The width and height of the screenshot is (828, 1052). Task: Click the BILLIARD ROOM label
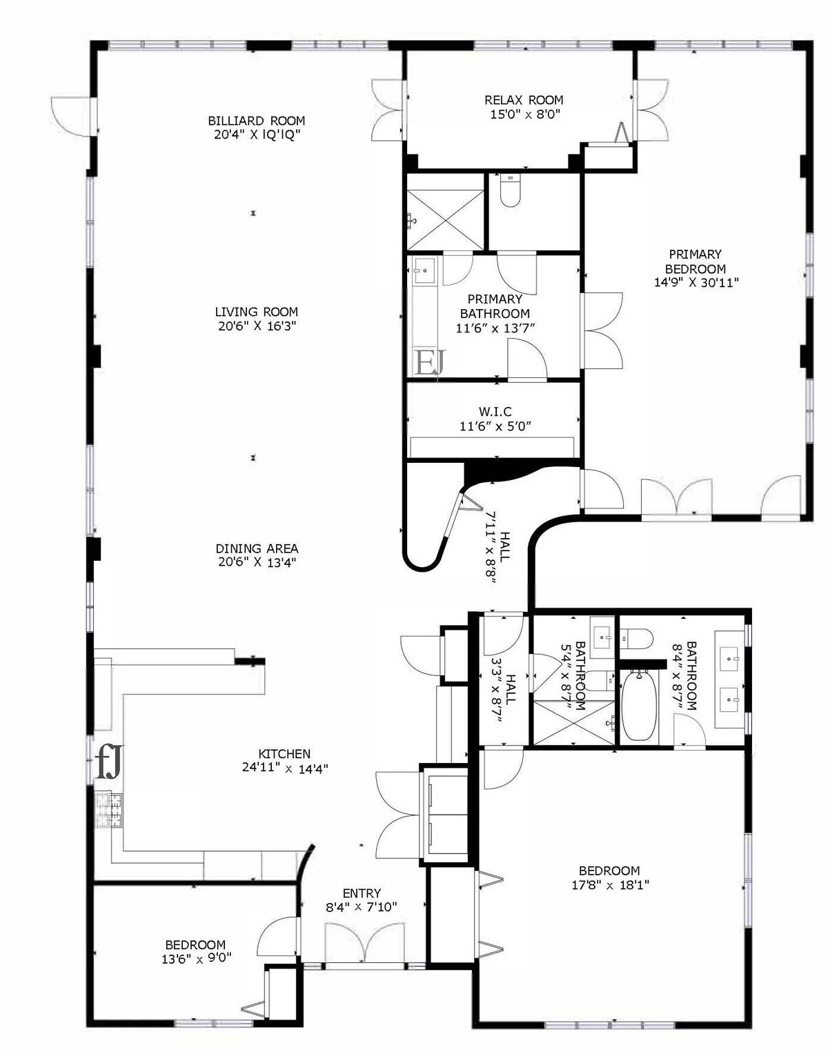pyautogui.click(x=256, y=120)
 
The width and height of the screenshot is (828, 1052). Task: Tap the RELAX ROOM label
pyautogui.click(x=524, y=100)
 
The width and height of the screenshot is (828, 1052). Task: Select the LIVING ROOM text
pyautogui.click(x=256, y=311)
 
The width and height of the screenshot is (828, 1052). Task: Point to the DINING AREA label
pyautogui.click(x=257, y=548)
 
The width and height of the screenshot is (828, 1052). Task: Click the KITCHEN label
pyautogui.click(x=284, y=754)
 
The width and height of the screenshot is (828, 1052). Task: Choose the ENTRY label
pyautogui.click(x=362, y=893)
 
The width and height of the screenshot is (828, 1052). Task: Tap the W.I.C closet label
pyautogui.click(x=495, y=412)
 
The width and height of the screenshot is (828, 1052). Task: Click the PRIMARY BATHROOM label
pyautogui.click(x=495, y=306)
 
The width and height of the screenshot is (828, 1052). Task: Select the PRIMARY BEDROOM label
pyautogui.click(x=695, y=261)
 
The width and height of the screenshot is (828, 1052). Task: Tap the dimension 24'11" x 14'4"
pyautogui.click(x=285, y=768)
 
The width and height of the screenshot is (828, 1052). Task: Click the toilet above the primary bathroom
pyautogui.click(x=510, y=190)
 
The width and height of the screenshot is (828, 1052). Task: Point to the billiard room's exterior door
pyautogui.click(x=73, y=117)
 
